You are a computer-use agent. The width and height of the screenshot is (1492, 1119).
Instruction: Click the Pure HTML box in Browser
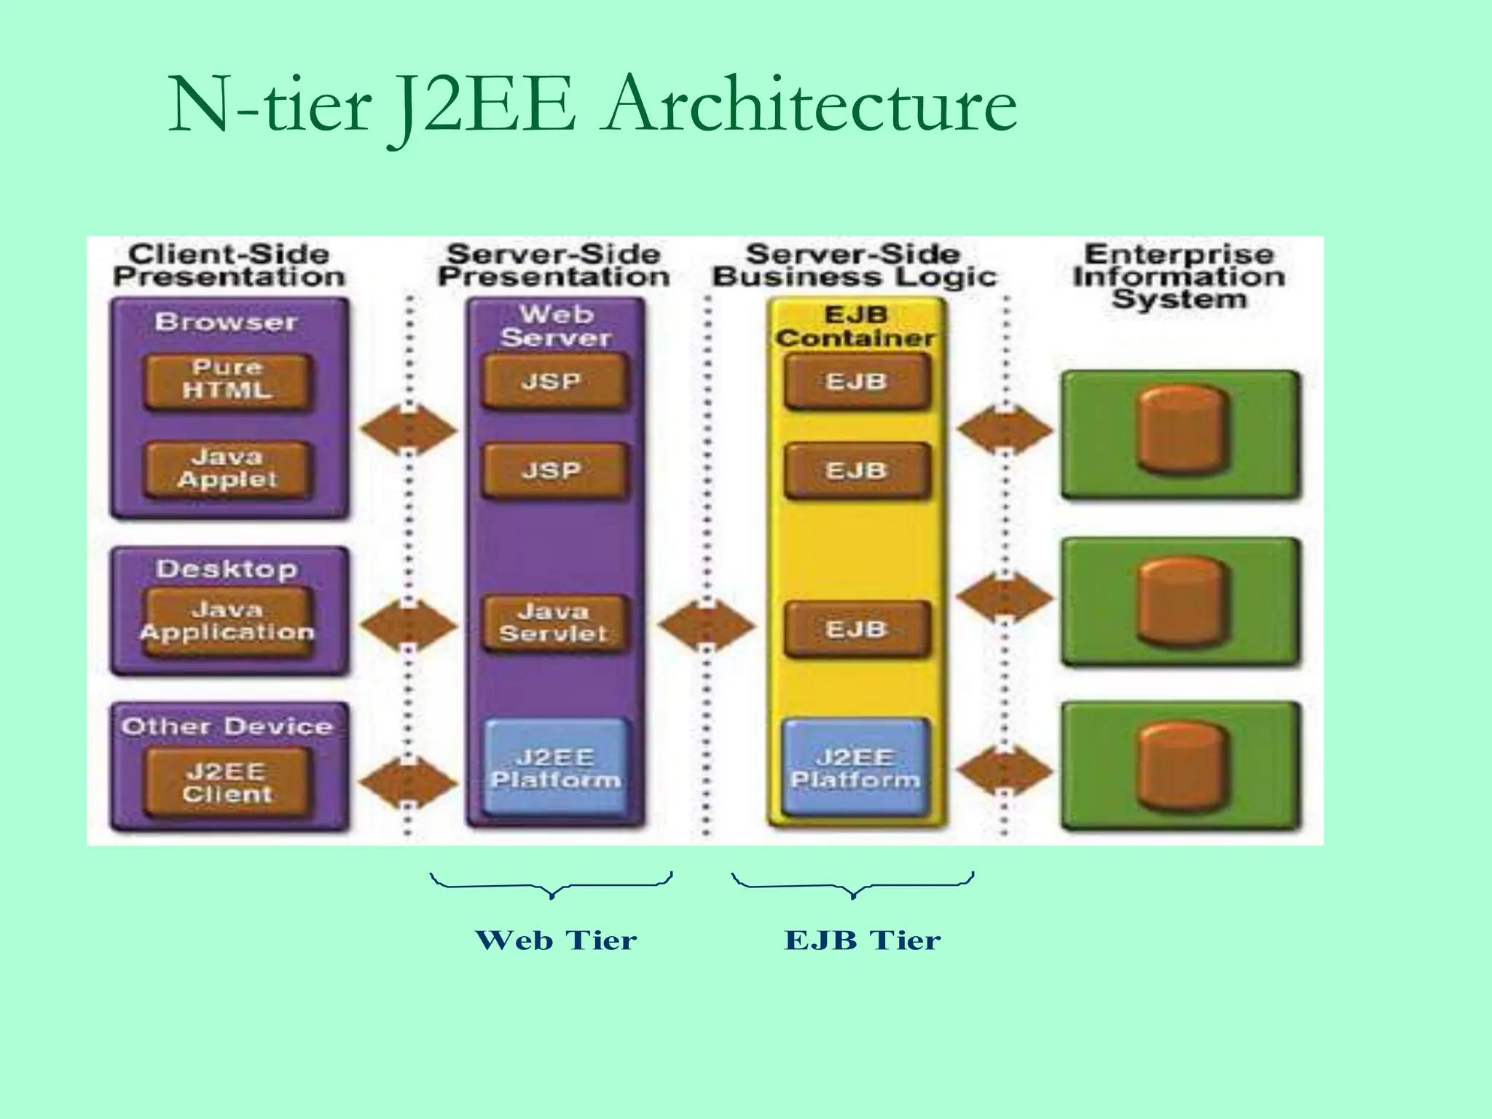pos(227,380)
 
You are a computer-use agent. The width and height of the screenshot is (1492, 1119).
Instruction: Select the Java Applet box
pos(227,468)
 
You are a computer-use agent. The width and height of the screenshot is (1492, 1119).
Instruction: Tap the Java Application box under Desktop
pos(227,621)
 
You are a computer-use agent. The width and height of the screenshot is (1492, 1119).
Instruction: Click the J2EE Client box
pos(227,782)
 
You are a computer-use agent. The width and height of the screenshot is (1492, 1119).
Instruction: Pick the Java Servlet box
pos(554,623)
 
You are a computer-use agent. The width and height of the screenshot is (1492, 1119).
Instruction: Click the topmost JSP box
pos(554,381)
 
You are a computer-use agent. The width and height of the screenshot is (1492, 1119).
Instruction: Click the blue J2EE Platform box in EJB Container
pos(855,768)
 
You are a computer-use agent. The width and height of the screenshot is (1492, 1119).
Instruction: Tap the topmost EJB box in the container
pos(857,381)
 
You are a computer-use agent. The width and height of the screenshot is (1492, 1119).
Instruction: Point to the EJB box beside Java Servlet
pos(857,629)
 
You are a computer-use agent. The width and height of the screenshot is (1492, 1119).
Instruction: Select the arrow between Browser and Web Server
pos(409,430)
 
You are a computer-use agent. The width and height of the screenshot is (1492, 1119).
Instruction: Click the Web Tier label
pos(556,941)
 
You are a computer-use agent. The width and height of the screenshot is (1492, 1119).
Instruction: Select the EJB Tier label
pos(863,941)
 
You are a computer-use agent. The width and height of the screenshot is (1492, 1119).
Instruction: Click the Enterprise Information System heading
pos(1178,277)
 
